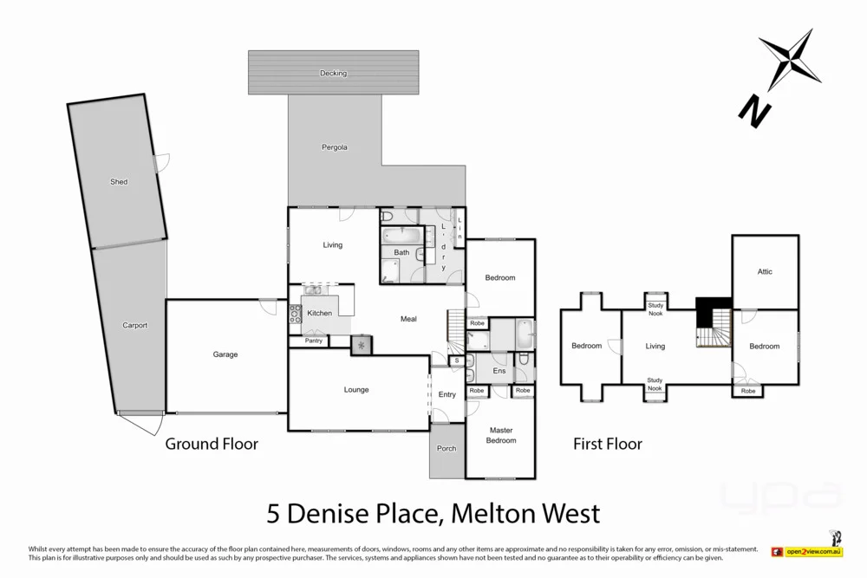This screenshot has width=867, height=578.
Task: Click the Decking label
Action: [x=333, y=73]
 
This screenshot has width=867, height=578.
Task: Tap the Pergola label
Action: [x=335, y=147]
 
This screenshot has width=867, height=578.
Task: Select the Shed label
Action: [x=119, y=182]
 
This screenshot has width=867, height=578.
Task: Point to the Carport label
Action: [x=134, y=326]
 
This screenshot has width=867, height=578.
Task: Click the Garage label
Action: [x=225, y=354]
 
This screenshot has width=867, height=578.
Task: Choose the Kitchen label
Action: [x=319, y=313]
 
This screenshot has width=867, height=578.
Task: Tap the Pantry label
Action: [x=314, y=341]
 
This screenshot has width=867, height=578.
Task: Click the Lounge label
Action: [x=356, y=390]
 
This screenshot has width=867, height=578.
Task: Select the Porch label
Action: [x=447, y=448]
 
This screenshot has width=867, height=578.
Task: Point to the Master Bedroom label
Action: [x=501, y=435]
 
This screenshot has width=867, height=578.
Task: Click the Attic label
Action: [x=765, y=272]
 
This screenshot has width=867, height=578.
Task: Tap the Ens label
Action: [x=499, y=371]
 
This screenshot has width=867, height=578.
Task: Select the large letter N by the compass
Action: [x=754, y=109]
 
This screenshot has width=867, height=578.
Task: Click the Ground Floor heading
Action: [x=212, y=444]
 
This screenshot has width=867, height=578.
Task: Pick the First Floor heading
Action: [x=608, y=444]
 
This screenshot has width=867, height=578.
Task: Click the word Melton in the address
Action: [x=482, y=513]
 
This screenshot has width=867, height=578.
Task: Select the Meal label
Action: [x=408, y=319]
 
